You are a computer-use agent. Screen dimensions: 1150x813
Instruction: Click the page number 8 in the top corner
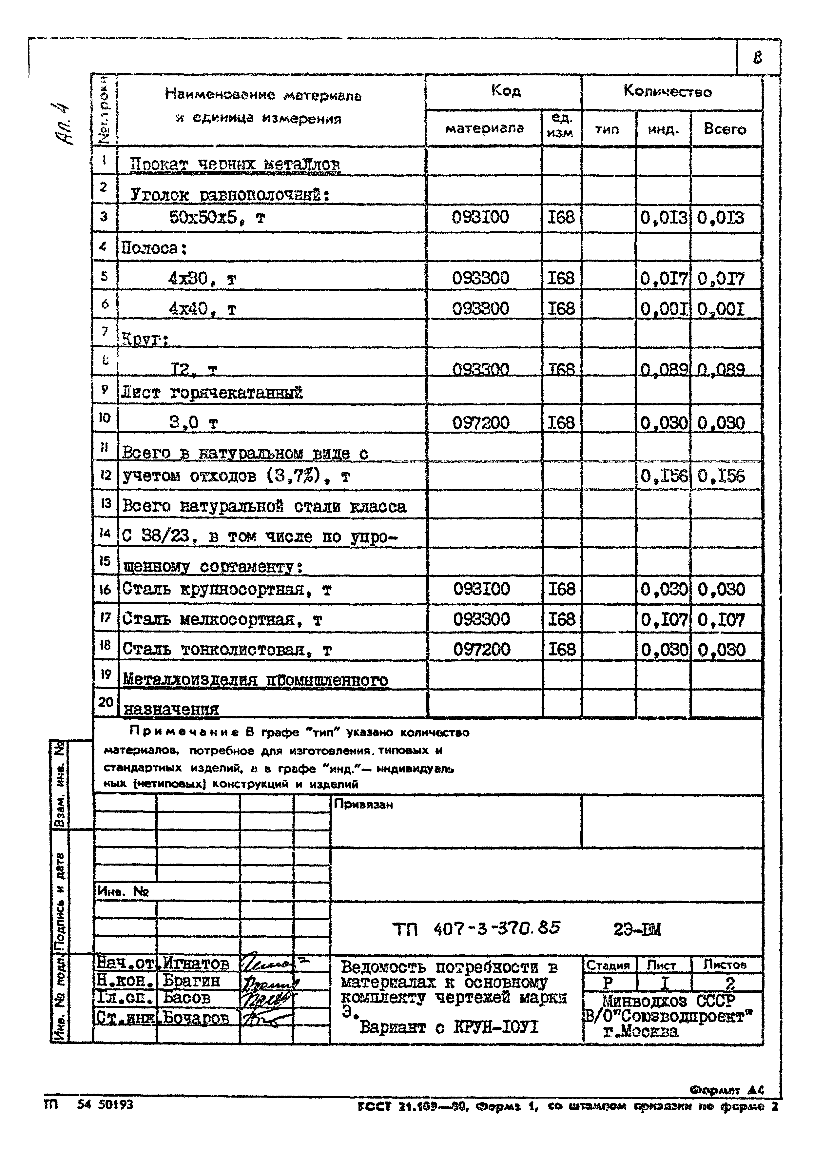click(757, 58)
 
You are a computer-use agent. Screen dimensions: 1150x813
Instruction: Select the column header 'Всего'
click(725, 129)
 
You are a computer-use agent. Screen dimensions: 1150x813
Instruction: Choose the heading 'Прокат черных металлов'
click(235, 164)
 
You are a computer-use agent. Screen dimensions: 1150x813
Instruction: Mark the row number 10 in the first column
click(105, 417)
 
